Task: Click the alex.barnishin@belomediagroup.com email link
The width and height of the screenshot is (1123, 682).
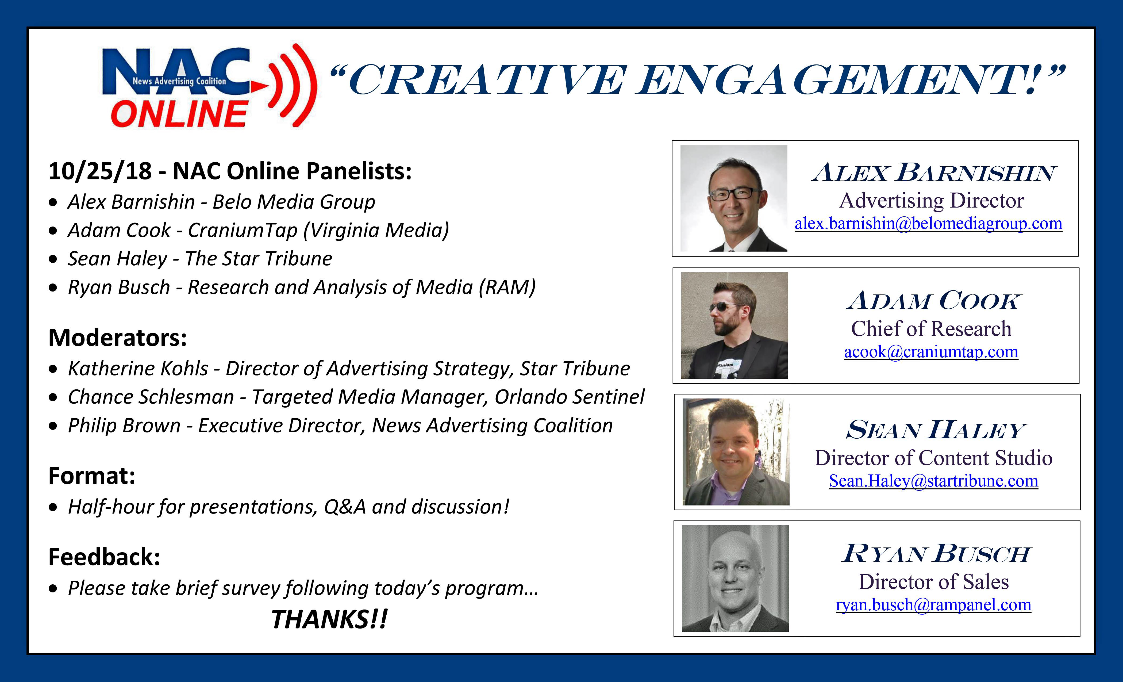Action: (928, 223)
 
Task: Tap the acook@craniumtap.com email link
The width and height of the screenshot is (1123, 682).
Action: (931, 351)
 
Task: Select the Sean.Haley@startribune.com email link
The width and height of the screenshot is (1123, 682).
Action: (933, 481)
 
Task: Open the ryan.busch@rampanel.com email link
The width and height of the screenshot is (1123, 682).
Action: (933, 604)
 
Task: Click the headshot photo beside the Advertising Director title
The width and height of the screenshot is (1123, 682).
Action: (734, 198)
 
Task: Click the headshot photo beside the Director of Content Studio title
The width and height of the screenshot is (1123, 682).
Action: (736, 452)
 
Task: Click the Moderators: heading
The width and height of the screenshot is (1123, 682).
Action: (118, 338)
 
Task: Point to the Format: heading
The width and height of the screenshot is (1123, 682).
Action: (92, 476)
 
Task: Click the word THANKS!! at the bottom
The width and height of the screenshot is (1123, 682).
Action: (329, 619)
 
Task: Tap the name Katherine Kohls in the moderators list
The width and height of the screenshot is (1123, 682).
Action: (138, 368)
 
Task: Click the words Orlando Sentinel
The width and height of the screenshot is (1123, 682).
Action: (570, 397)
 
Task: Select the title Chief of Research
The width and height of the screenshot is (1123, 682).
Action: (931, 329)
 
